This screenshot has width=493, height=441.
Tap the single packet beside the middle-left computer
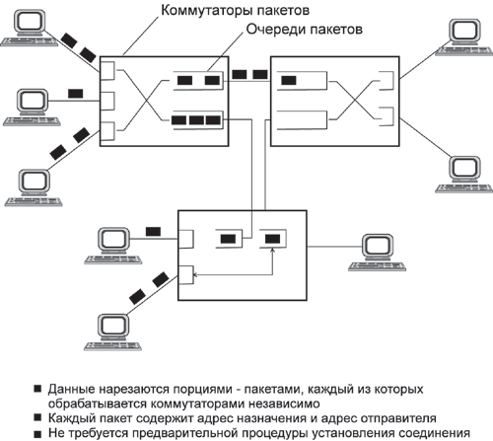click(75, 93)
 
